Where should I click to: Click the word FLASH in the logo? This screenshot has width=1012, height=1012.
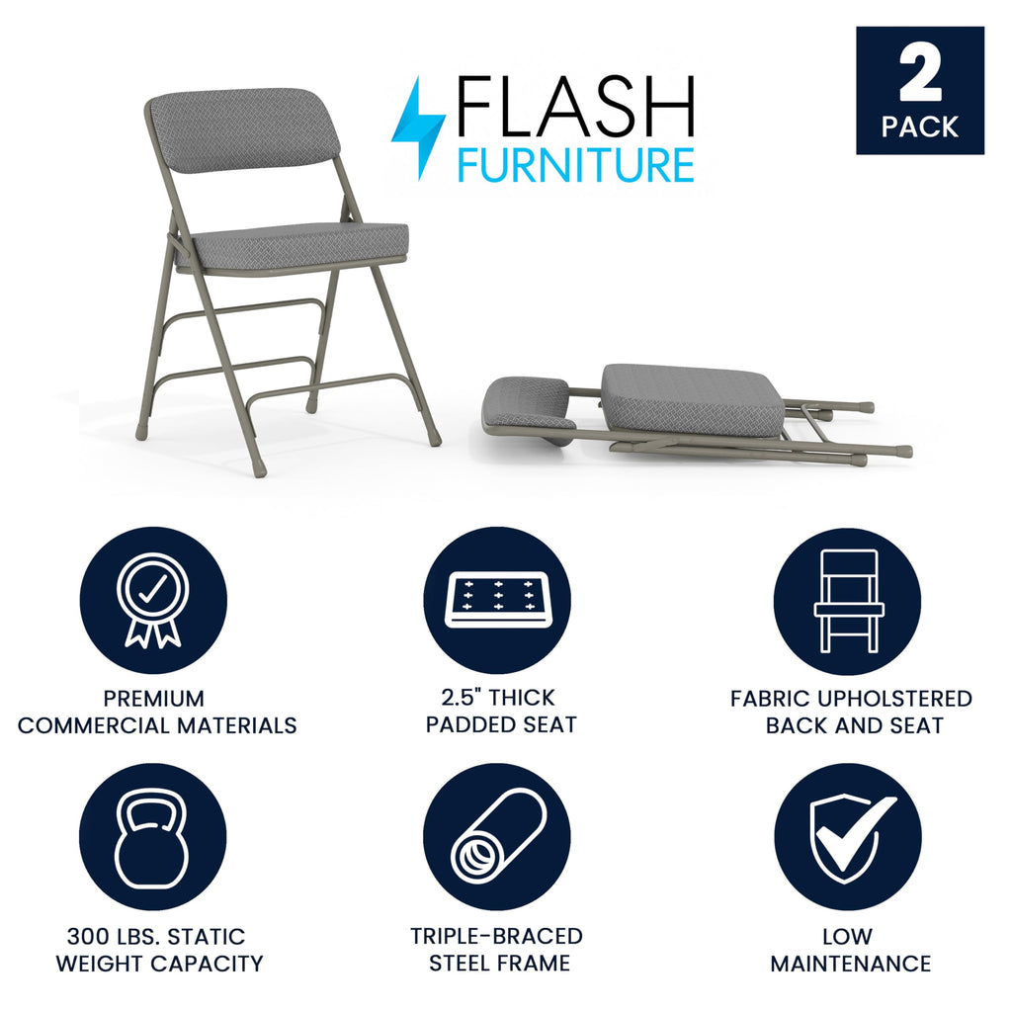click(x=574, y=106)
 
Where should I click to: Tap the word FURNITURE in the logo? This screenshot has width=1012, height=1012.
click(x=575, y=164)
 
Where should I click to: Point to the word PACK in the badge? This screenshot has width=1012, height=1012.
click(x=920, y=127)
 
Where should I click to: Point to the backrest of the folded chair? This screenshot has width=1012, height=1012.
click(x=529, y=403)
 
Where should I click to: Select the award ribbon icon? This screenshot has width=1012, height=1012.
click(x=153, y=601)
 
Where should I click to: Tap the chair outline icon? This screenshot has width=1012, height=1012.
click(x=847, y=601)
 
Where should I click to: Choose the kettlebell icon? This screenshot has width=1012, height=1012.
click(x=152, y=836)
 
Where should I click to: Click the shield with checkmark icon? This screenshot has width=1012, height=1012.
click(x=847, y=836)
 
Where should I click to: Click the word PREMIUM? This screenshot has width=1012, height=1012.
click(x=154, y=699)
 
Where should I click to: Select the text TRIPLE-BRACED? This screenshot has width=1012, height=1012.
click(x=497, y=936)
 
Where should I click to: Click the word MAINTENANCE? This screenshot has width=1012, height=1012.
click(x=850, y=964)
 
